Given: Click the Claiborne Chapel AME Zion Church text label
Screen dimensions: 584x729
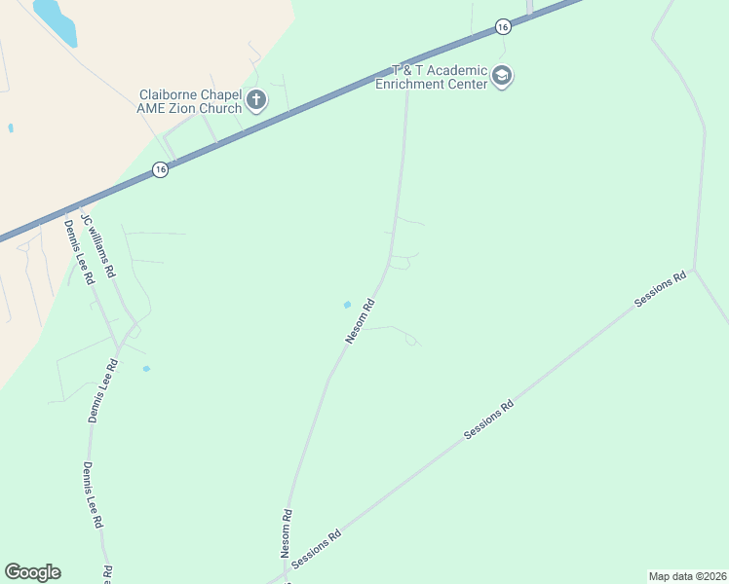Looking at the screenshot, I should pyautogui.click(x=190, y=101).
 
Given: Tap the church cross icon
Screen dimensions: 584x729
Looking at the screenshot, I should pyautogui.click(x=256, y=99).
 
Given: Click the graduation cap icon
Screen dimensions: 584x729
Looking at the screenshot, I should pyautogui.click(x=502, y=76).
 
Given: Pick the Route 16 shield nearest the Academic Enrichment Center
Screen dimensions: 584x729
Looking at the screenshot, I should pyautogui.click(x=502, y=27).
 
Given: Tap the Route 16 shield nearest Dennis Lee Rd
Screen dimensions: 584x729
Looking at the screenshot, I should pyautogui.click(x=161, y=169).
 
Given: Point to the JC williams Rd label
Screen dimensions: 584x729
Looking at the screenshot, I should pyautogui.click(x=98, y=244).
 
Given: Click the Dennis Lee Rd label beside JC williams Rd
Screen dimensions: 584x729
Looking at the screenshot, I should pyautogui.click(x=79, y=251).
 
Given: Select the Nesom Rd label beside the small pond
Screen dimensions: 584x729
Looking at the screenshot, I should pyautogui.click(x=360, y=321).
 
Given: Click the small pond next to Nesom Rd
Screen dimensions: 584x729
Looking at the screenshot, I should pyautogui.click(x=346, y=305).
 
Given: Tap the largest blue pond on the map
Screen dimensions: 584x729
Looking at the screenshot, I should pyautogui.click(x=57, y=21).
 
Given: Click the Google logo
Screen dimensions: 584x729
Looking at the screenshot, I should pyautogui.click(x=32, y=572).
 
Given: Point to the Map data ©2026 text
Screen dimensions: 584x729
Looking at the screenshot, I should pyautogui.click(x=687, y=576).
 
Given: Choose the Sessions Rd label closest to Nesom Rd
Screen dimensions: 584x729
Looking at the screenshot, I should pyautogui.click(x=316, y=548).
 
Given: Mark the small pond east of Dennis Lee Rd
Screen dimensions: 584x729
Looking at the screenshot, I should pyautogui.click(x=146, y=369).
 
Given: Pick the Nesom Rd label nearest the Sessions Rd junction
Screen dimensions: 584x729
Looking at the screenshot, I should pyautogui.click(x=287, y=533).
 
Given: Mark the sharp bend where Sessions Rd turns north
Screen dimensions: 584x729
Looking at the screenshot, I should pyautogui.click(x=693, y=269).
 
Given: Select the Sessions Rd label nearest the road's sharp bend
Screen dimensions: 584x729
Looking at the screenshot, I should pyautogui.click(x=660, y=289).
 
